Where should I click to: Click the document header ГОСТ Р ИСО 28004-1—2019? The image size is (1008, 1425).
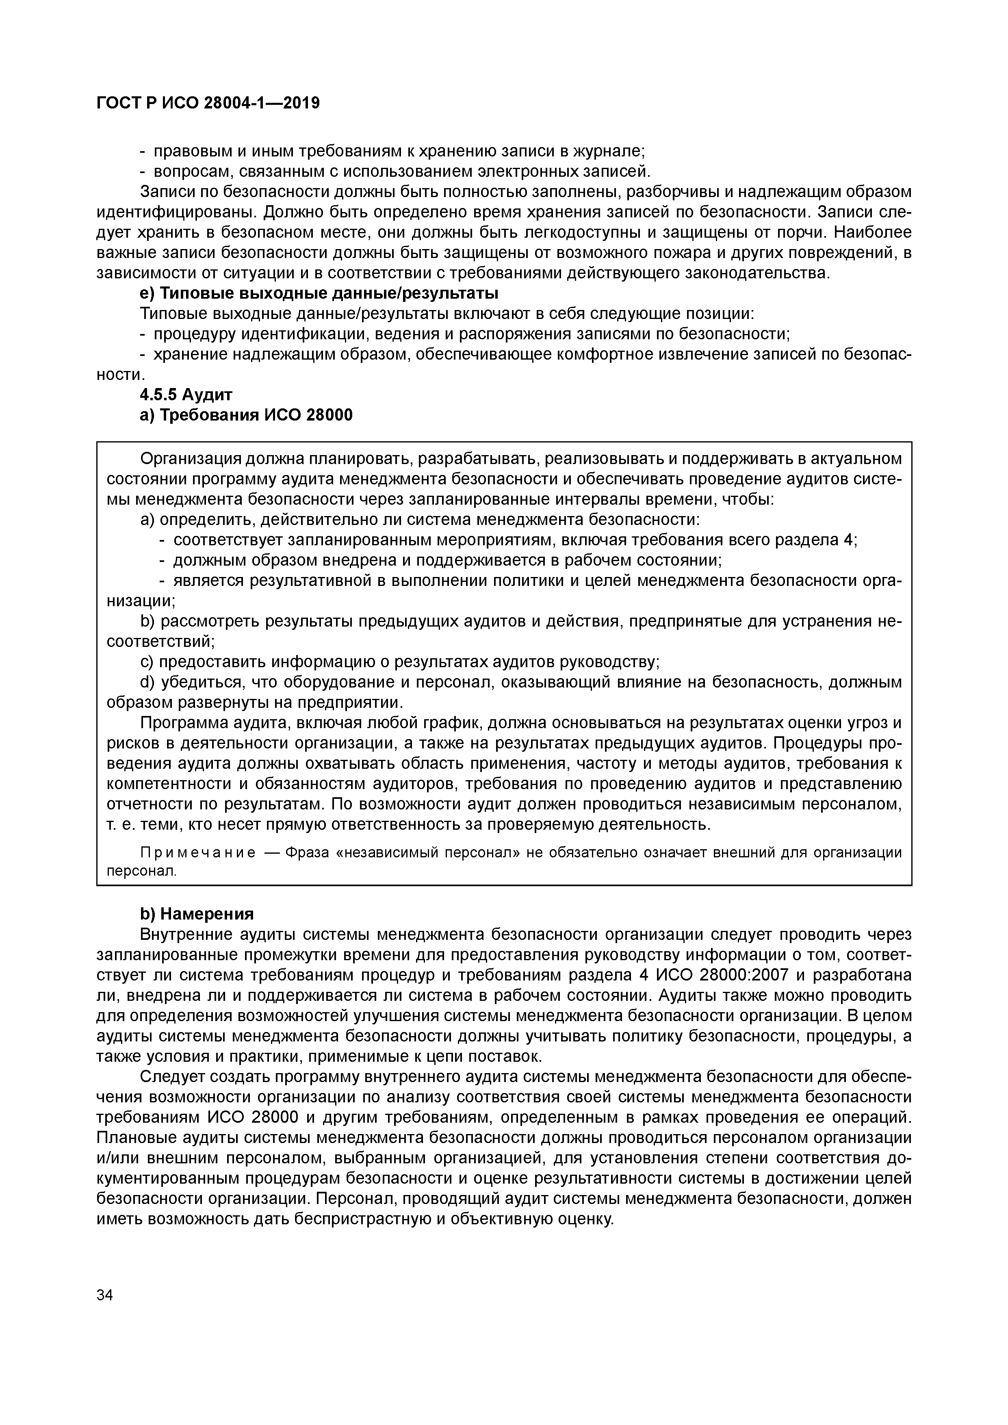[208, 103]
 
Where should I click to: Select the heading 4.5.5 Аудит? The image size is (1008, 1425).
[186, 395]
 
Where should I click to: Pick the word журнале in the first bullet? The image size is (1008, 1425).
[608, 151]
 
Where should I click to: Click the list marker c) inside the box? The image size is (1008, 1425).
[147, 662]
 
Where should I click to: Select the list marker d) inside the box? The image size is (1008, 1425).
[147, 683]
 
